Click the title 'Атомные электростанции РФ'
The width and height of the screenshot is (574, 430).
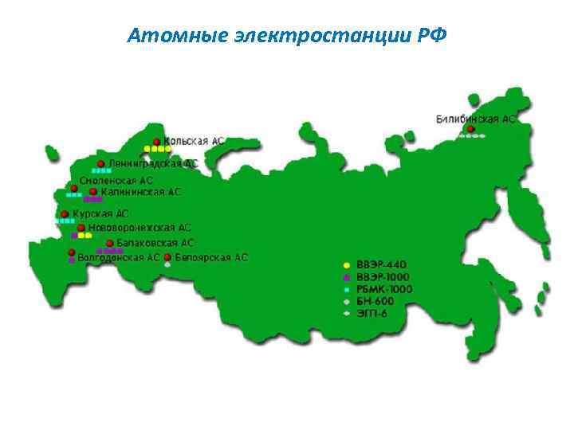pos(287,36)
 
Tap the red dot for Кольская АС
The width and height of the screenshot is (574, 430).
pos(156,140)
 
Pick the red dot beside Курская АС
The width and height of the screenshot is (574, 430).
pos(65,213)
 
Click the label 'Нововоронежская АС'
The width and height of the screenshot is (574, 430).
pos(140,228)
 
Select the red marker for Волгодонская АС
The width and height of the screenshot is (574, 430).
pos(72,253)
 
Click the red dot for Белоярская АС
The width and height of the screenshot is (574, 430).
pos(167,257)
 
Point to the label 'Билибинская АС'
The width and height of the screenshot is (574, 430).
pos(476,119)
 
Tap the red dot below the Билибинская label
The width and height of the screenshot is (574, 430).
pos(471,128)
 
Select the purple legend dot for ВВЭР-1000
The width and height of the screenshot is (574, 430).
pos(346,277)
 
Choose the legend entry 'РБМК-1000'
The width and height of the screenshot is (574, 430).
pos(384,289)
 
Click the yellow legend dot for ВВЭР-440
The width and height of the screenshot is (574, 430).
pos(346,264)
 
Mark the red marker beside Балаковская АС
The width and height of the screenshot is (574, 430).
pos(108,242)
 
